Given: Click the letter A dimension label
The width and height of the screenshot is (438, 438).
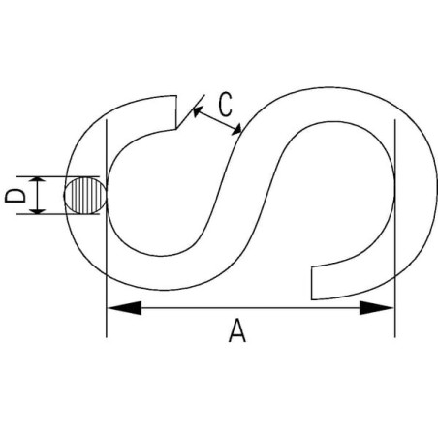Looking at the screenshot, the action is [237, 330].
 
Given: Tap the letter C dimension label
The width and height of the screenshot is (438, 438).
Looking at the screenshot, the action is [225, 105].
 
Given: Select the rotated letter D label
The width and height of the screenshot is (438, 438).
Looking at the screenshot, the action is [16, 196].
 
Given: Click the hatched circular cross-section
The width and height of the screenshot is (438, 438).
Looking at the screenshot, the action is [85, 196].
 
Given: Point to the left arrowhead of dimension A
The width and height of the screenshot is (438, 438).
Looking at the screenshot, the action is [124, 308].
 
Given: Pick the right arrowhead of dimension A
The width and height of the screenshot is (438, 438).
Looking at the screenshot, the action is [377, 308].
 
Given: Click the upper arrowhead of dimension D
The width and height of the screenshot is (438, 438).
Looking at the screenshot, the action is [39, 180].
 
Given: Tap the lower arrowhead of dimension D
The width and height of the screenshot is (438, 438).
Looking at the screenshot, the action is [39, 210].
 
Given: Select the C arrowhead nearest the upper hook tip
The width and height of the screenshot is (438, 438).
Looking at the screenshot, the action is [198, 111].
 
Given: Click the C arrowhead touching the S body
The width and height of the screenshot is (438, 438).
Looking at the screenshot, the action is [236, 130].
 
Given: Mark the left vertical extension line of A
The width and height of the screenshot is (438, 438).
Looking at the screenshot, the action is [107, 229].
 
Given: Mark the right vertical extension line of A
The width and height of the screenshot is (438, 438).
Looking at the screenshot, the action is [394, 229].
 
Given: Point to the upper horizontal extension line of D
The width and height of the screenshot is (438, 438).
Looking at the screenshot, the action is [58, 176].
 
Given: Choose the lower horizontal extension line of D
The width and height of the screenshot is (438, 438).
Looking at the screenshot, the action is [58, 214].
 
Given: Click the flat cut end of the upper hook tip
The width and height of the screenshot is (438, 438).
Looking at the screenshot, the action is [176, 112].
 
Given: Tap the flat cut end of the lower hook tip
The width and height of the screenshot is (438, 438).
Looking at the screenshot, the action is [311, 283].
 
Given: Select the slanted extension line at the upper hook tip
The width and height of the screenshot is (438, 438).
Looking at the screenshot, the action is [190, 111].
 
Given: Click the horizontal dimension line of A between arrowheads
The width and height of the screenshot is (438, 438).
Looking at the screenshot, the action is [251, 308].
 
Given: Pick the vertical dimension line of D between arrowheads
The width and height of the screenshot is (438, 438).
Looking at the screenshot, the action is [39, 196].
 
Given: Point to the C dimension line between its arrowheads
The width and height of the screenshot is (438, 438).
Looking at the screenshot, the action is [217, 120].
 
